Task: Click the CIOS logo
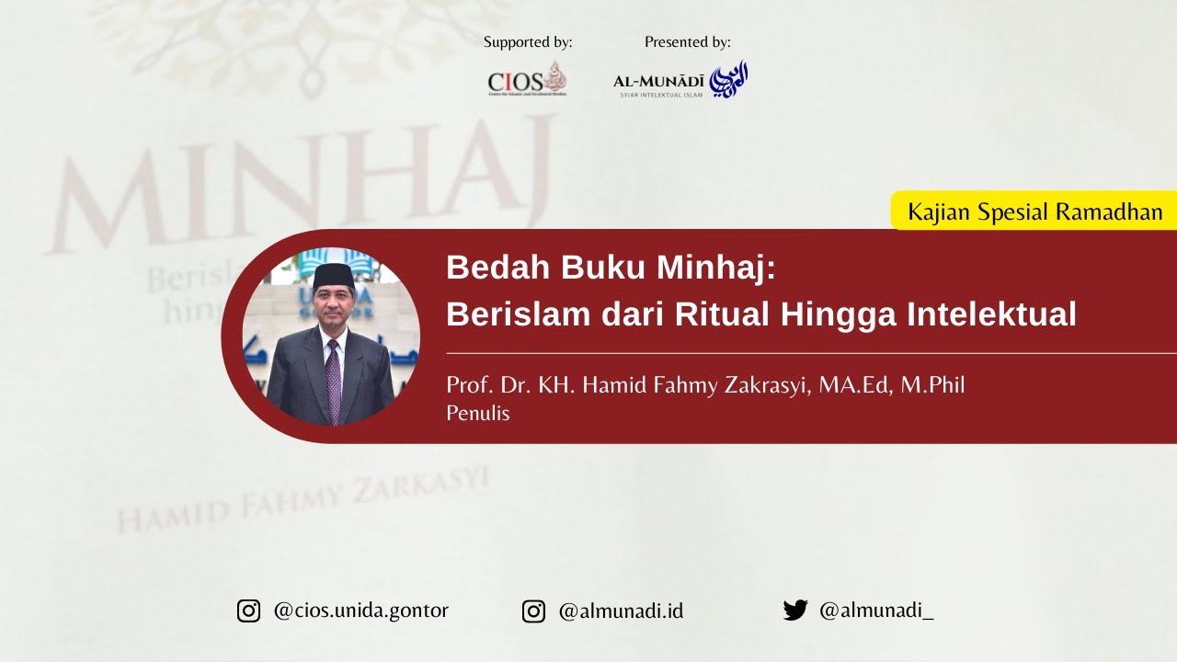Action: [527, 80]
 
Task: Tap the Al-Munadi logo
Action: [680, 81]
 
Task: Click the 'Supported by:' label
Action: [528, 42]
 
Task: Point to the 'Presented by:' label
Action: [688, 42]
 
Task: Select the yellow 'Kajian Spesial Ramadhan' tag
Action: [1034, 211]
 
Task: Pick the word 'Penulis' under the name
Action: [477, 414]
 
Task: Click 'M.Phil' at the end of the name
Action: [932, 385]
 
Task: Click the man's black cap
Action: [333, 274]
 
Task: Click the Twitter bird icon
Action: [794, 611]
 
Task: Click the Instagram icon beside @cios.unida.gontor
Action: [249, 611]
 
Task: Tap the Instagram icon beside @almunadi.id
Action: [533, 611]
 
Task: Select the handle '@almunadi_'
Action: [875, 611]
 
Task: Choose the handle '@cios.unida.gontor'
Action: [360, 611]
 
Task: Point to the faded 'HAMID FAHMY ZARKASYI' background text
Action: [303, 501]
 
